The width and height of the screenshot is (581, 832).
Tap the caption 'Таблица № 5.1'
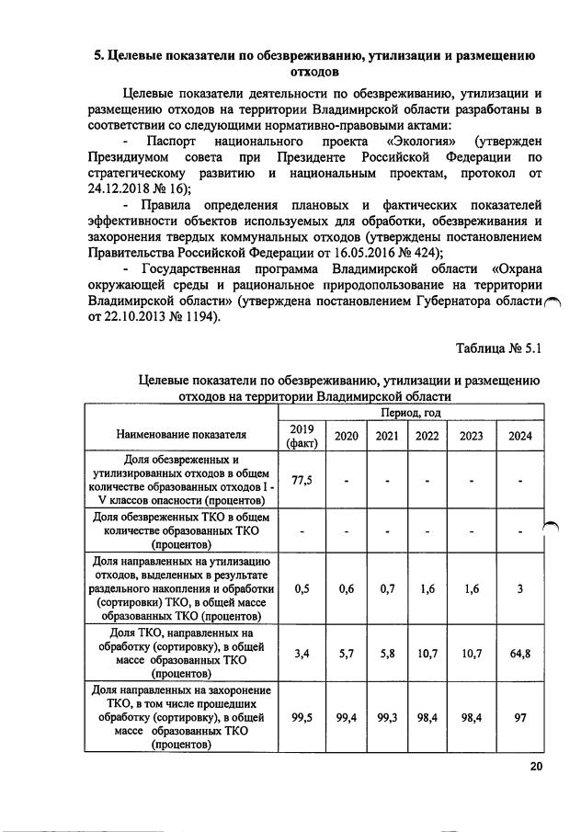pyautogui.click(x=502, y=348)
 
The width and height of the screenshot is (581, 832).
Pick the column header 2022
pyautogui.click(x=427, y=436)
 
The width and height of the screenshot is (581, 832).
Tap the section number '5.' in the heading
pyautogui.click(x=101, y=55)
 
